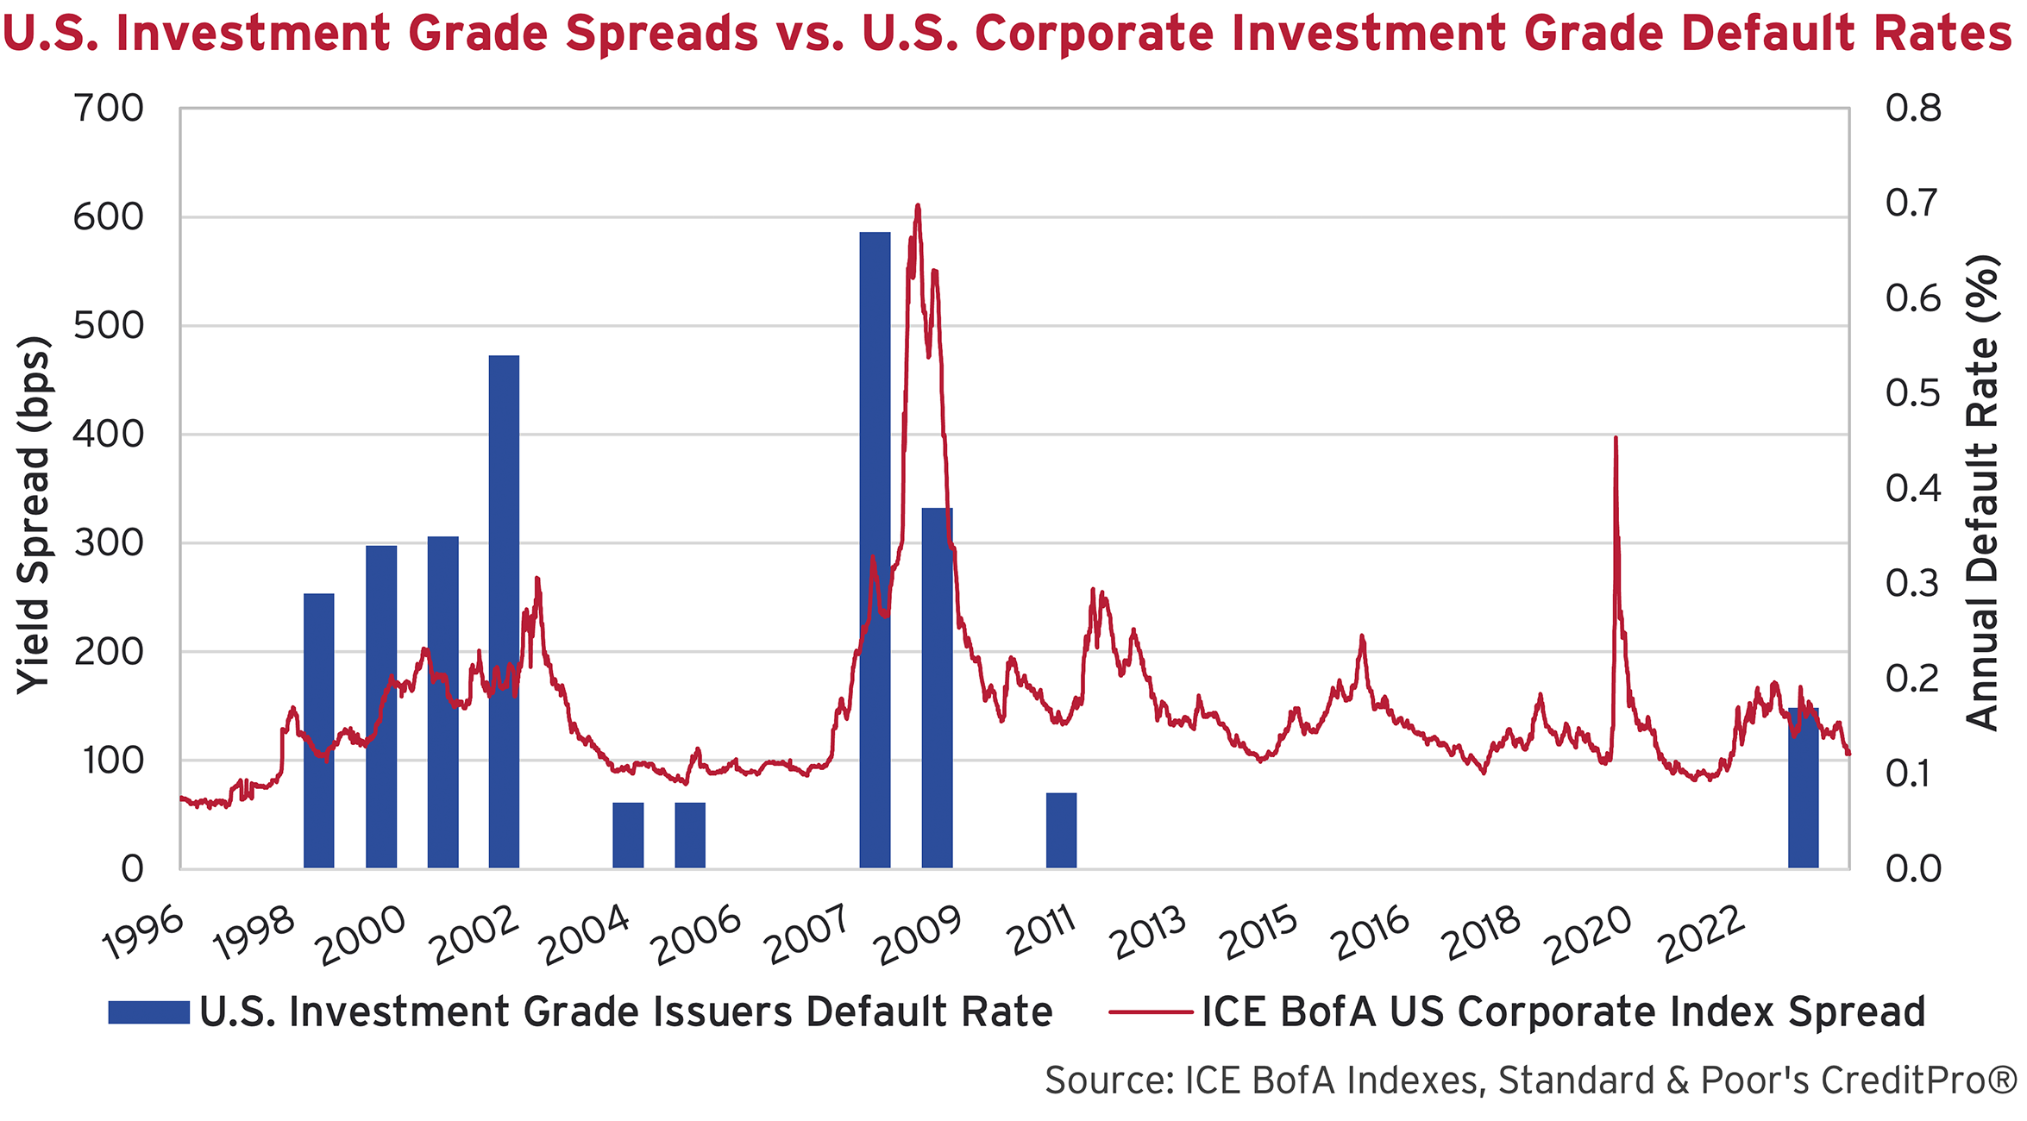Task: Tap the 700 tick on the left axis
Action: point(109,109)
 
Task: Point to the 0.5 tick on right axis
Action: point(1912,393)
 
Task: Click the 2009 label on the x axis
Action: point(918,936)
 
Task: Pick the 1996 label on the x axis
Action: point(143,935)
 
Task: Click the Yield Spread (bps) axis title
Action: point(35,515)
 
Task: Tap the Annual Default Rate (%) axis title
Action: point(1982,493)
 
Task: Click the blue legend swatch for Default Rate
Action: point(148,1012)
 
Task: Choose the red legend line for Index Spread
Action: point(1151,1012)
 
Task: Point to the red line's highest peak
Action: point(918,206)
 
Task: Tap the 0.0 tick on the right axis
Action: point(1912,868)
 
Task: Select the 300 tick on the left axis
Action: point(109,543)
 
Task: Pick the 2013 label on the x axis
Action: point(1150,935)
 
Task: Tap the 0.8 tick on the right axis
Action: point(1912,109)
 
